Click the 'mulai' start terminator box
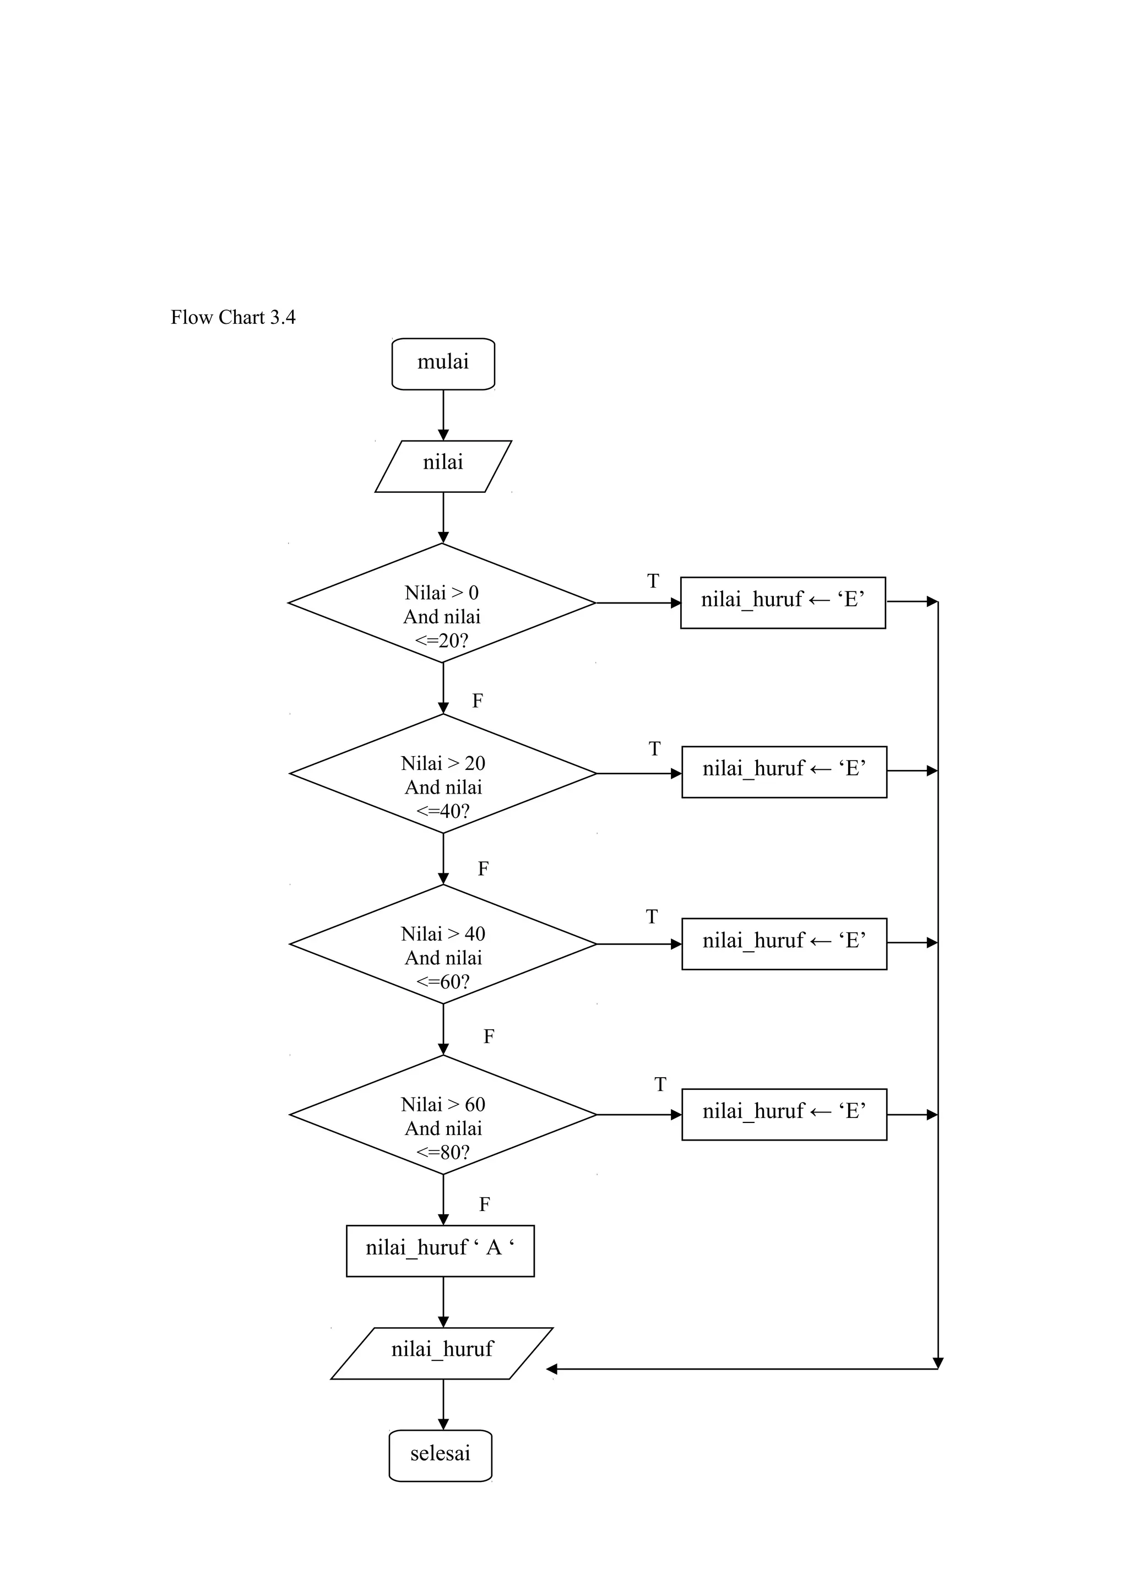443,363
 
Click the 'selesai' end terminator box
440,1455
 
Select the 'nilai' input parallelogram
443,466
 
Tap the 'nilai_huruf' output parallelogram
442,1353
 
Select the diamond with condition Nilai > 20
443,773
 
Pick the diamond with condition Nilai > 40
443,944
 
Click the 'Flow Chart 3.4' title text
233,318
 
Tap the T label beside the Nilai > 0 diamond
653,580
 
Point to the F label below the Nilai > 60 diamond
485,1204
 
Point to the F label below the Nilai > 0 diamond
478,701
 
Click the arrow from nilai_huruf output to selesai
443,1404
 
